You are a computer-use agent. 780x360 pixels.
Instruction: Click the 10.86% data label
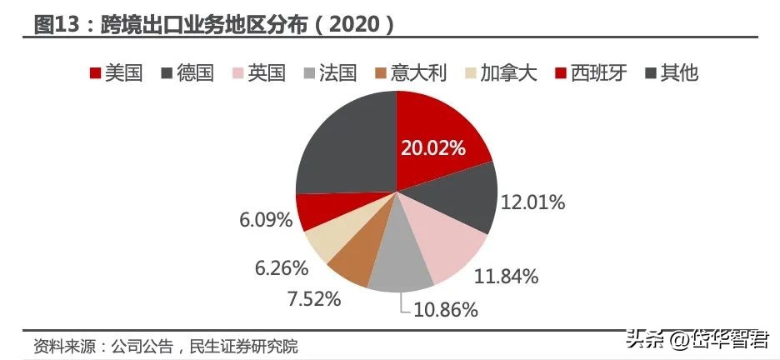[x=445, y=310]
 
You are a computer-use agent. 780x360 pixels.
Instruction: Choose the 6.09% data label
[x=265, y=220]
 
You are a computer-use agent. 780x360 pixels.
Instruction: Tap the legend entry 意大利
[x=417, y=73]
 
